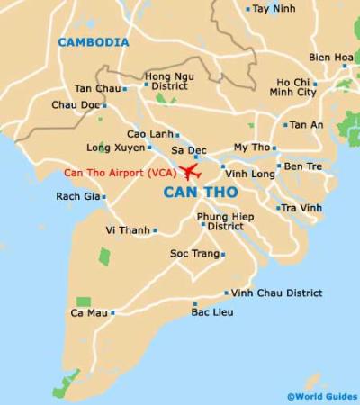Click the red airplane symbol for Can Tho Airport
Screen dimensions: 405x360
pos(190,172)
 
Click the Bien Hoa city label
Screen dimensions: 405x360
pos(331,57)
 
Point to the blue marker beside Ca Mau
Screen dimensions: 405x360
pos(112,313)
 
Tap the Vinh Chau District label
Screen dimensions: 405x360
pos(277,292)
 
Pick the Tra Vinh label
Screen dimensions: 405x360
pos(302,208)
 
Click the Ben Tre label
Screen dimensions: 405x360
pos(302,166)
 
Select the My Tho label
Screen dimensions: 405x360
pos(251,147)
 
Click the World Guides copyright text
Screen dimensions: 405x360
pos(321,396)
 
